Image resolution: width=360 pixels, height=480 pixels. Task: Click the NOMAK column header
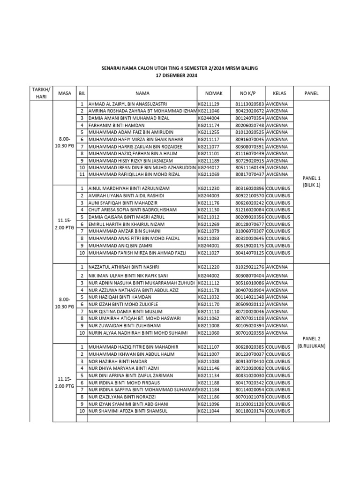(214, 93)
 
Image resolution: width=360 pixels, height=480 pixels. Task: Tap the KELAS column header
(279, 93)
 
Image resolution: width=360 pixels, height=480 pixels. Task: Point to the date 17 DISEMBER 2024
(180, 75)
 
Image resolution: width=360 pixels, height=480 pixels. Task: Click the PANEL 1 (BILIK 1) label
(311, 182)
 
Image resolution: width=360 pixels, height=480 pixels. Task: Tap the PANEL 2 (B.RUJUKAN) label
(311, 342)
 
